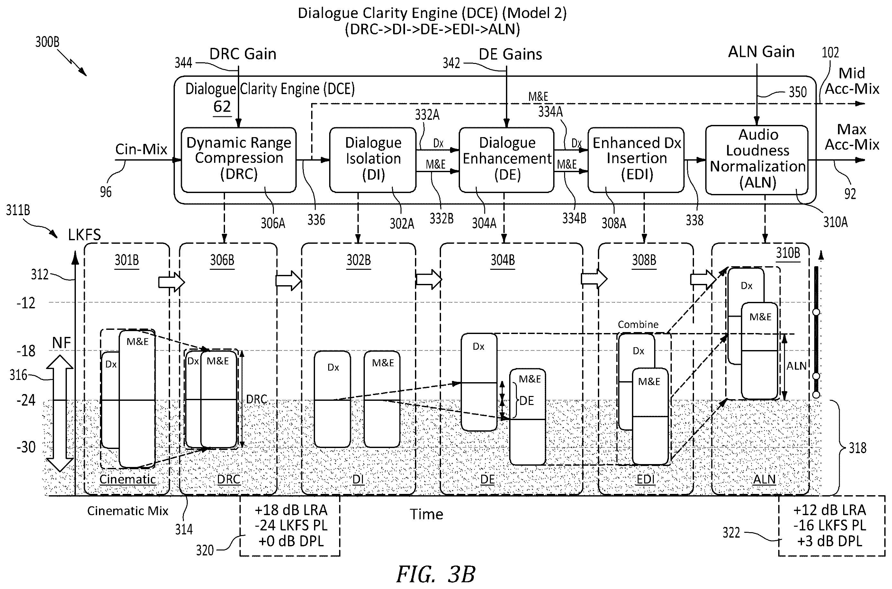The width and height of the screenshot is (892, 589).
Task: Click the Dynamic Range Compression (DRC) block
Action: click(x=239, y=160)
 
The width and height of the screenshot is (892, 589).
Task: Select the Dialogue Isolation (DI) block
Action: click(x=373, y=160)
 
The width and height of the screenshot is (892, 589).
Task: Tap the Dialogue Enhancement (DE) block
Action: click(x=506, y=160)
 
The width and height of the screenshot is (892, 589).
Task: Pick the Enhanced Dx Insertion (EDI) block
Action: click(x=636, y=160)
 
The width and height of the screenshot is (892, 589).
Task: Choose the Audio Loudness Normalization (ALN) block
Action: click(x=757, y=160)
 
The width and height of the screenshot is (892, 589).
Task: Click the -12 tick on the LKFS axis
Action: click(x=26, y=303)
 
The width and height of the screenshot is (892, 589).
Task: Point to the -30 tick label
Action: click(x=26, y=447)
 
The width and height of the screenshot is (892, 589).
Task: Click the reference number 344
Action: click(x=184, y=63)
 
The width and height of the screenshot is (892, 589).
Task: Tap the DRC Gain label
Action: click(x=243, y=54)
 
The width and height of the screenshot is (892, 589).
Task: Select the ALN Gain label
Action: click(x=761, y=52)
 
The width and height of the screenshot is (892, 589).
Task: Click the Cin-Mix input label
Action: click(x=141, y=149)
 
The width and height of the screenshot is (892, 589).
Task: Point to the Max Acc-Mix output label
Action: click(x=852, y=137)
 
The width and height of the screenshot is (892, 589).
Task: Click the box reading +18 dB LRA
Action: click(x=290, y=525)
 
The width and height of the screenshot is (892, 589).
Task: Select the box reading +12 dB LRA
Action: click(x=832, y=525)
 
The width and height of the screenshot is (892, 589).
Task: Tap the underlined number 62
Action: click(x=222, y=107)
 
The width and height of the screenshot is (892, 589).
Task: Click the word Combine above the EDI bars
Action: click(x=638, y=324)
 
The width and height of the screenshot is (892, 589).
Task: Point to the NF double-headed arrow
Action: click(x=60, y=413)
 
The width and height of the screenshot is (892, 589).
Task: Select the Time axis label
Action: click(x=426, y=514)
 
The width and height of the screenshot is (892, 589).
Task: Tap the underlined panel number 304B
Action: click(x=502, y=260)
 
